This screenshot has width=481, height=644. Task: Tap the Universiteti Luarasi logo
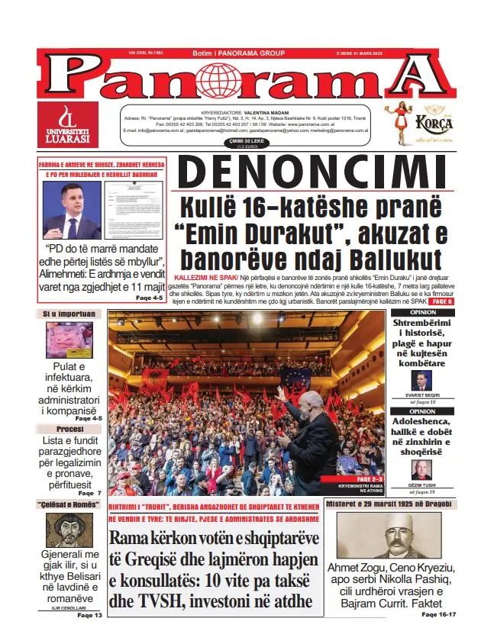point(68,124)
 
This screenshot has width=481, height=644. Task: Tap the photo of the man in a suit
point(72,210)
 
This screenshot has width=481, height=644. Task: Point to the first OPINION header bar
point(423,313)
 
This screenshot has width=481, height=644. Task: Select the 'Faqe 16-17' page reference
point(440,613)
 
